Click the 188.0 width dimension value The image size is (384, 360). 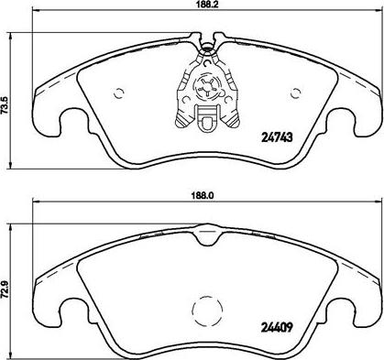tap(203, 196)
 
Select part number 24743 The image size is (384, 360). tap(277, 137)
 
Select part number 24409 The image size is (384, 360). tap(277, 328)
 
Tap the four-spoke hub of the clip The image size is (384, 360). tap(207, 88)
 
